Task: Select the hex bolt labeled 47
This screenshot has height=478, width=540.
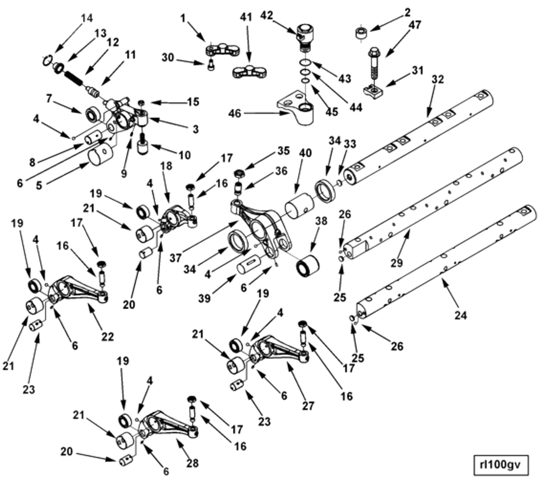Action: pos(374,63)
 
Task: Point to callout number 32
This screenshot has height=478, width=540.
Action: pos(437,79)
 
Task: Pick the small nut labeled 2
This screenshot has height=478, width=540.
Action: pos(362,33)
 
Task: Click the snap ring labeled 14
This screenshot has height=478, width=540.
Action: pos(47,60)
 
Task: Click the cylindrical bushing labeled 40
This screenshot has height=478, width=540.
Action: pos(300,205)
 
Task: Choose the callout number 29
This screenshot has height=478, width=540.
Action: pos(397,263)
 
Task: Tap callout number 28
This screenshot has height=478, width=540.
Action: pos(192,463)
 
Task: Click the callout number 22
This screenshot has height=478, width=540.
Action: pos(108,337)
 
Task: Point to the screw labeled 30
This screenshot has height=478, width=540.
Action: pos(211,65)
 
